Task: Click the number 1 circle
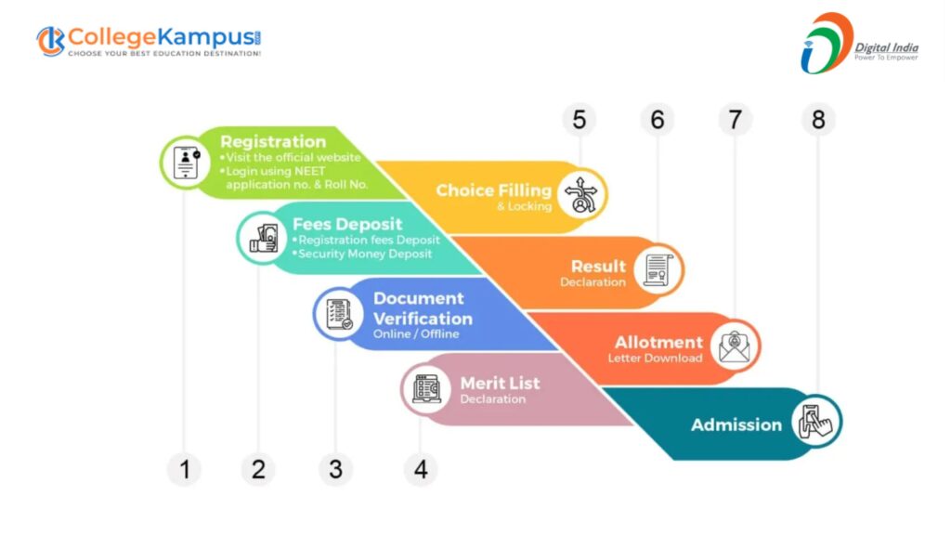[x=184, y=469]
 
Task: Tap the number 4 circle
[x=421, y=469]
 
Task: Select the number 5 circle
[x=580, y=120]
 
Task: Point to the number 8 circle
[x=818, y=120]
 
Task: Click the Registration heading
[x=273, y=142]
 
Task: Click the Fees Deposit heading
[x=347, y=224]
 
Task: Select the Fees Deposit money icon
[x=263, y=237]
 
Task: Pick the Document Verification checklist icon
[x=338, y=313]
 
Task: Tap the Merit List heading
[x=500, y=383]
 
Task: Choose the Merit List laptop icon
[x=426, y=388]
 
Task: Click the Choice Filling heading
[x=493, y=190]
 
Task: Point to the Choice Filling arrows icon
[x=582, y=195]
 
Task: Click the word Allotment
[x=658, y=343]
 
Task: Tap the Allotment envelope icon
[x=736, y=346]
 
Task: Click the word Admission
[x=736, y=424]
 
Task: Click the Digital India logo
[x=858, y=44]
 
